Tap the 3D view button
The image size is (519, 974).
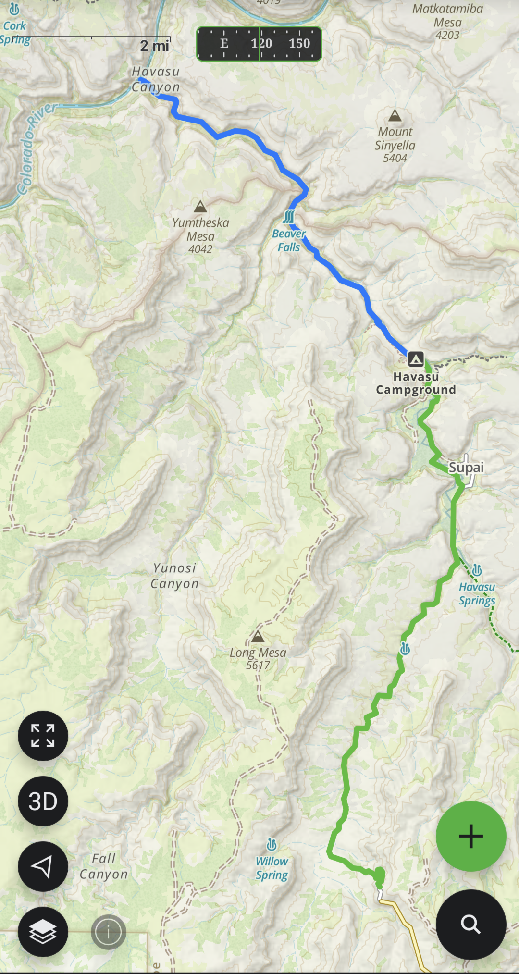click(43, 801)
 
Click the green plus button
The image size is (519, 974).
click(471, 836)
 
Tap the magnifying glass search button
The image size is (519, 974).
click(471, 924)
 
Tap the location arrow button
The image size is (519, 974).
click(43, 866)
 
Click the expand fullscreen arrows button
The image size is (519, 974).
click(43, 736)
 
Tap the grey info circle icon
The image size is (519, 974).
click(109, 932)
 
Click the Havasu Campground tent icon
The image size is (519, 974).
click(416, 359)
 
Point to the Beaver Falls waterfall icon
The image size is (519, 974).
click(289, 217)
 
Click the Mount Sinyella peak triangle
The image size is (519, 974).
click(395, 116)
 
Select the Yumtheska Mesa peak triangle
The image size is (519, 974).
click(200, 207)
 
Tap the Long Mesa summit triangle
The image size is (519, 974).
click(258, 637)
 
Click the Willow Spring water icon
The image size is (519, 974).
click(272, 845)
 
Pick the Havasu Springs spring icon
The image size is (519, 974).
click(477, 570)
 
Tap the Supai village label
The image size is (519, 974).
click(466, 467)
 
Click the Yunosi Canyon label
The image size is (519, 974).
click(174, 576)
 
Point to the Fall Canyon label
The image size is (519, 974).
click(104, 866)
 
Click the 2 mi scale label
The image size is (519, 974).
click(154, 46)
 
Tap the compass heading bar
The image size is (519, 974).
click(259, 44)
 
